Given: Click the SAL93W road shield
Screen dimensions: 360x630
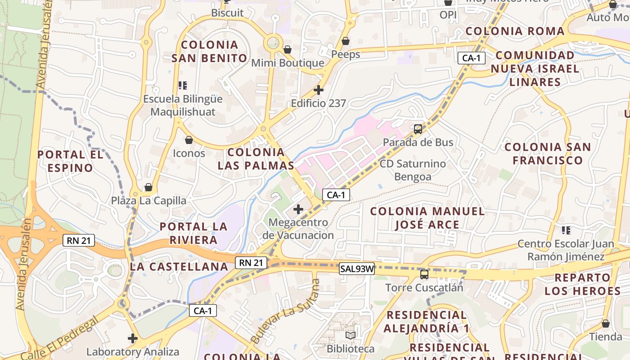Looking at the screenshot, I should click(357, 269).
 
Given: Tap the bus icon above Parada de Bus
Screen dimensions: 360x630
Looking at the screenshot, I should click(418, 129).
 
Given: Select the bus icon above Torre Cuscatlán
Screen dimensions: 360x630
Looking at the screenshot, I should click(424, 274).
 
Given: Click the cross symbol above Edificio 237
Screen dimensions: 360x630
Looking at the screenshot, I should click(319, 90).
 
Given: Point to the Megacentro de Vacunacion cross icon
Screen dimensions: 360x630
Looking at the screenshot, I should click(298, 209).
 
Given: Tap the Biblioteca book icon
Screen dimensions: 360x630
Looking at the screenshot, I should click(351, 336).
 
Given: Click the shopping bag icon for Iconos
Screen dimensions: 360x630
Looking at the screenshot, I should click(189, 140).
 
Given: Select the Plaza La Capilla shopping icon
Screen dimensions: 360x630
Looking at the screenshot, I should click(148, 187).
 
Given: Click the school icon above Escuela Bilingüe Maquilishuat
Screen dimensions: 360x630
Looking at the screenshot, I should click(182, 85).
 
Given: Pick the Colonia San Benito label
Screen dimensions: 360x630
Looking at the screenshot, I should click(210, 51).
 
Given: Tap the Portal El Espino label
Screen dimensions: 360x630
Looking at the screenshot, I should click(71, 161).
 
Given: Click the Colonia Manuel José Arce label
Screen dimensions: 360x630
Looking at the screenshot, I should click(427, 218).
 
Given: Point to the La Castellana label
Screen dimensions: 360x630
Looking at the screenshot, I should click(180, 266).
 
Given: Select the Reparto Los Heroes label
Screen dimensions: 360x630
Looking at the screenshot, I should click(583, 284).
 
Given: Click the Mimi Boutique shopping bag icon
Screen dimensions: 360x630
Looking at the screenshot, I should click(287, 49).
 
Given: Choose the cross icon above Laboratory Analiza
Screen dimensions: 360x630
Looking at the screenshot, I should click(132, 338).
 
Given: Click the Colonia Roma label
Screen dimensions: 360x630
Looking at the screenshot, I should click(515, 31).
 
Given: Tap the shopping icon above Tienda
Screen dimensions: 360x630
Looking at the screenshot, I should click(606, 324).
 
